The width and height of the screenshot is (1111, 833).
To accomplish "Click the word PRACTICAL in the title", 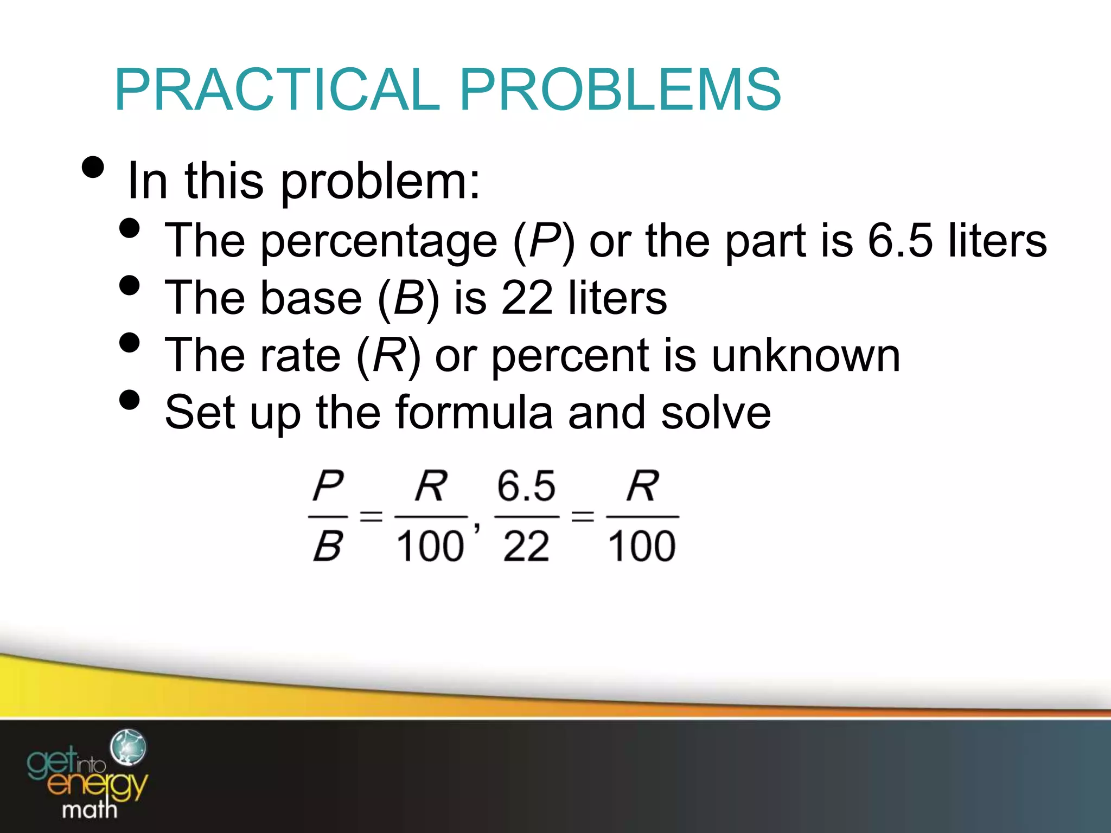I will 277,89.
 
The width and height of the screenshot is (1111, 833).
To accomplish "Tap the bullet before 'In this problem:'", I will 93,168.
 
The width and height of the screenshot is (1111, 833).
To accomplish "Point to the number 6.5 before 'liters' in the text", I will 900,240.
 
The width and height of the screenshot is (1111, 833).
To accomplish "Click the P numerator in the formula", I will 328,486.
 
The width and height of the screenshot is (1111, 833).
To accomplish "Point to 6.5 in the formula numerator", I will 526,486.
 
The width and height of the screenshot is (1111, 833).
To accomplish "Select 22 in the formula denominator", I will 526,546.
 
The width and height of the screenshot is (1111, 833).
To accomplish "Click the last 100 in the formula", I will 642,546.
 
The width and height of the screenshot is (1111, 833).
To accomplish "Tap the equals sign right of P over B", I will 371,516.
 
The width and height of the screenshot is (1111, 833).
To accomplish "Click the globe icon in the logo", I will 128,747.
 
